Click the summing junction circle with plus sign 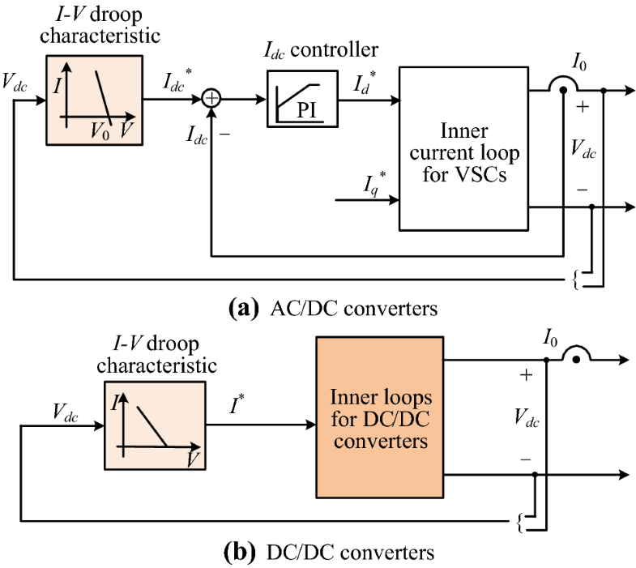coord(211,99)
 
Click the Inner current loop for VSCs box coord(463,151)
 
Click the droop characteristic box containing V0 coord(94,99)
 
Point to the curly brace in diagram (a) coord(576,280)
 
